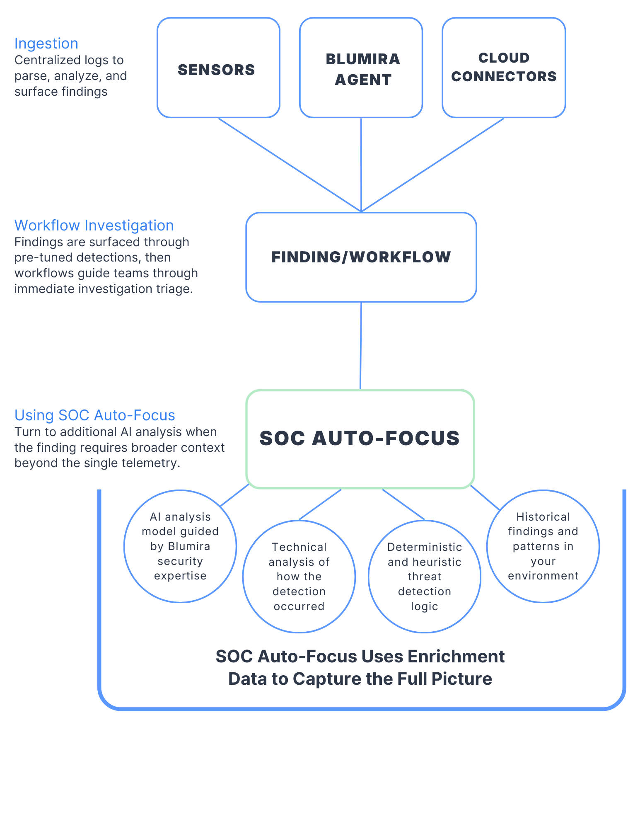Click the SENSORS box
click(218, 68)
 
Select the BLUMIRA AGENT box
click(361, 68)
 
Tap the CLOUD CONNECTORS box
click(503, 68)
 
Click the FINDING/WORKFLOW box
click(361, 257)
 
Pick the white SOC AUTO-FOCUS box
click(360, 439)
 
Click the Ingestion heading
click(46, 44)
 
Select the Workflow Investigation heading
click(94, 225)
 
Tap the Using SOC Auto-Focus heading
click(95, 415)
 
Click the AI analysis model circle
click(180, 546)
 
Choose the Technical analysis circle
click(299, 577)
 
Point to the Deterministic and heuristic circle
click(424, 577)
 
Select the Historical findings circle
click(543, 546)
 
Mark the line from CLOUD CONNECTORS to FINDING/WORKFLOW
click(433, 164)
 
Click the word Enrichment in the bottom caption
click(456, 657)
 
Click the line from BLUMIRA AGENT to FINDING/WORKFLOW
click(361, 164)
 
